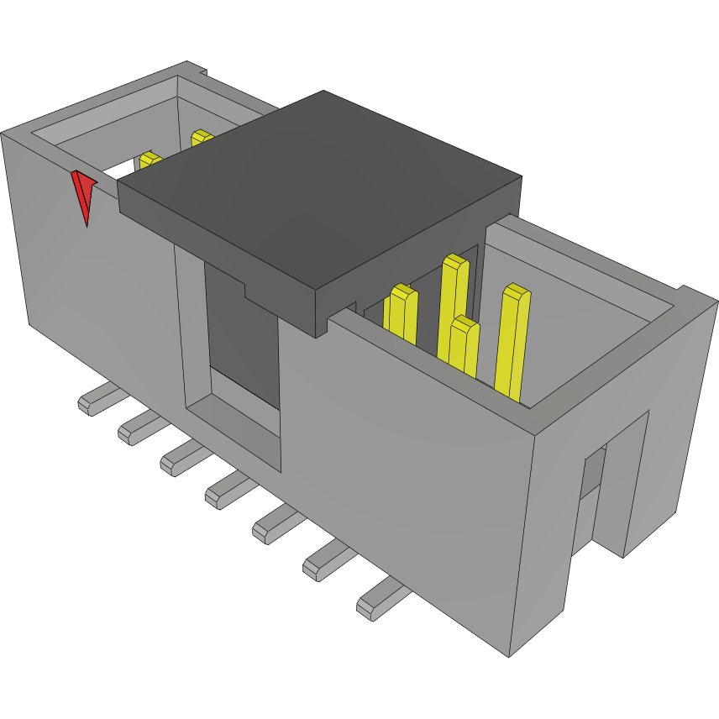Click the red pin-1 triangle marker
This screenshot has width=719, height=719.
tap(83, 193)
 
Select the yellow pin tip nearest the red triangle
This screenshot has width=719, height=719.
tap(150, 160)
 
